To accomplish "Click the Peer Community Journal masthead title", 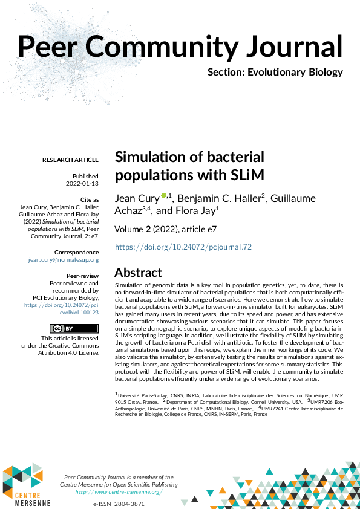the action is pyautogui.click(x=180, y=46).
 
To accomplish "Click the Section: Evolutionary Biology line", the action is pyautogui.click(x=275, y=73).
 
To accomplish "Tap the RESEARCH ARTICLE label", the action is pyautogui.click(x=70, y=160).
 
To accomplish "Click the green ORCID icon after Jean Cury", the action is pyautogui.click(x=163, y=196).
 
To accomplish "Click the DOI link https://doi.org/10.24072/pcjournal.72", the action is pyautogui.click(x=183, y=247).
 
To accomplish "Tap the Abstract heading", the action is pyautogui.click(x=138, y=272).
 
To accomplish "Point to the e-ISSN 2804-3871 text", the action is pyautogui.click(x=119, y=504).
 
